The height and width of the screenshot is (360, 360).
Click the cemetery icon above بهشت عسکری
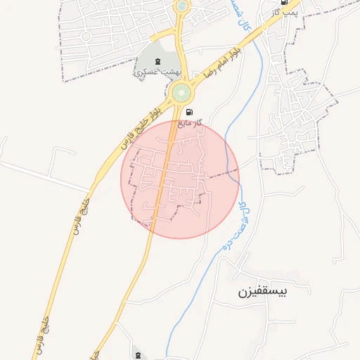[156, 60]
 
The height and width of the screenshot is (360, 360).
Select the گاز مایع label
[190, 122]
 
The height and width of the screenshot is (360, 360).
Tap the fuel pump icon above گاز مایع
[188, 112]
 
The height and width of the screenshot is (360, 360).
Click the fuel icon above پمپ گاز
[283, 2]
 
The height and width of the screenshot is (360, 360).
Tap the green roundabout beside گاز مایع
[181, 92]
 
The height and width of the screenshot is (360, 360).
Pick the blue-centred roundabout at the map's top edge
[182, 6]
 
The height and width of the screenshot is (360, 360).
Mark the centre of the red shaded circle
[180, 179]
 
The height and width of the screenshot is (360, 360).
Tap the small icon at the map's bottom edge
[137, 354]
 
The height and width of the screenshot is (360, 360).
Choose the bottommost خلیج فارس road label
[41, 335]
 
